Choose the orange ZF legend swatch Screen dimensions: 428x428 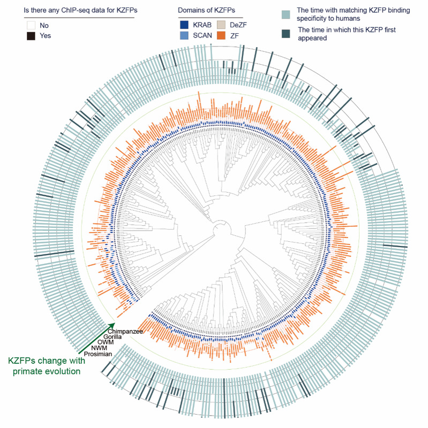(x=222, y=36)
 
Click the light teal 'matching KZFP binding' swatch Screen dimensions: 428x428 (x=287, y=14)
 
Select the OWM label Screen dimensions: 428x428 (x=106, y=342)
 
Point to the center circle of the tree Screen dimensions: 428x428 (x=221, y=231)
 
